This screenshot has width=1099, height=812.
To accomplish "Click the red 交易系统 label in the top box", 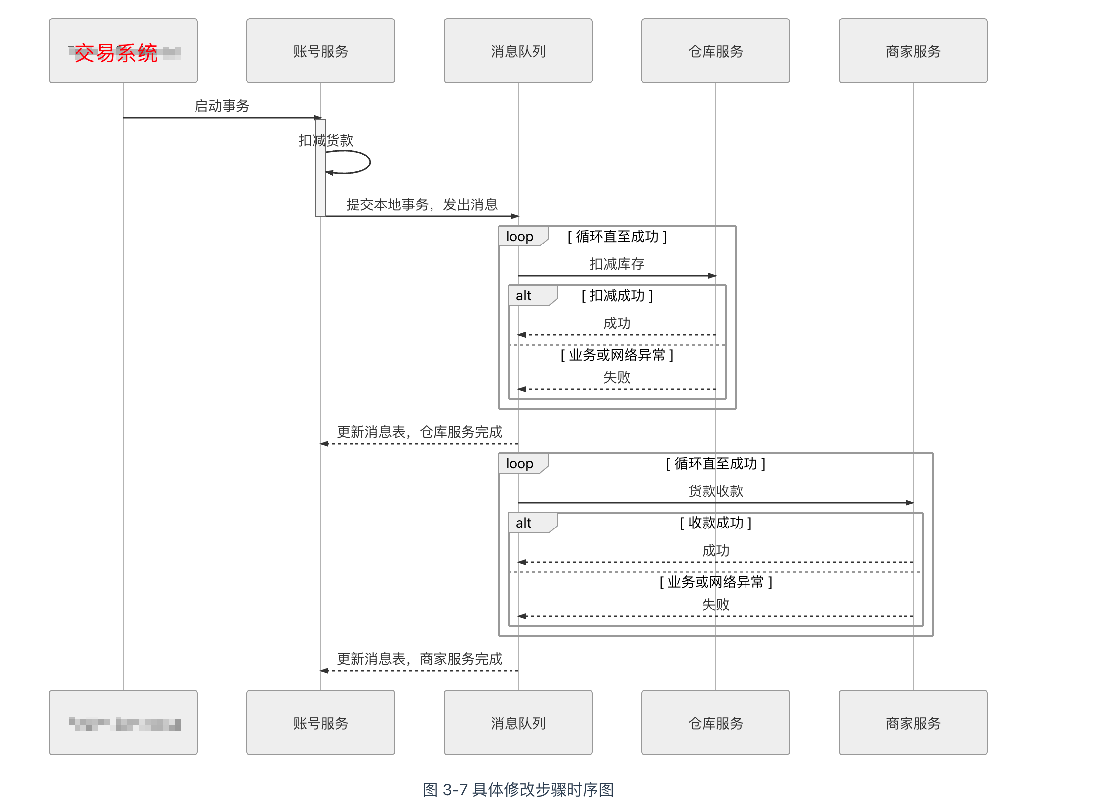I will [116, 53].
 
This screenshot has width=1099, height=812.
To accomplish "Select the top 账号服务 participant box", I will [320, 51].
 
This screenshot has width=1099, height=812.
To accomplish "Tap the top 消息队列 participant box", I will [518, 51].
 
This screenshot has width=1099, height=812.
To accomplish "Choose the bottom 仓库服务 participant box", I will [715, 723].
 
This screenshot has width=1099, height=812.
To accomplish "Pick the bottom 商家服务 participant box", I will [913, 723].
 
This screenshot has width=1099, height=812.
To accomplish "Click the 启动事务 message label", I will [222, 106].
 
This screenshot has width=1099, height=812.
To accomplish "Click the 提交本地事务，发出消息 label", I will [422, 204].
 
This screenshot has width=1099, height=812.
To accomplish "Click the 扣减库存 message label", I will [617, 264].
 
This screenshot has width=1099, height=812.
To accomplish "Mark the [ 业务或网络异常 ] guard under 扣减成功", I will [617, 355].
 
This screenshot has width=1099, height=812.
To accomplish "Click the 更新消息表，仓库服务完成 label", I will [419, 432].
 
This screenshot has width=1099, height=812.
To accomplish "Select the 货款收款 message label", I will [715, 491].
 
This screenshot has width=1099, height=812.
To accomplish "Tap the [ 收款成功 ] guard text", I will [715, 523].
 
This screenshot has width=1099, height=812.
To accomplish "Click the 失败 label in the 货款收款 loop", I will [715, 604].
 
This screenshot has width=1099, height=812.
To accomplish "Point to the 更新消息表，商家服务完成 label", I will [419, 659].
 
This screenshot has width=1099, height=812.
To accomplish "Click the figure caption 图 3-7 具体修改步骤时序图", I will [518, 789].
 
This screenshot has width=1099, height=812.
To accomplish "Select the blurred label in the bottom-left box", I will [124, 724].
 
